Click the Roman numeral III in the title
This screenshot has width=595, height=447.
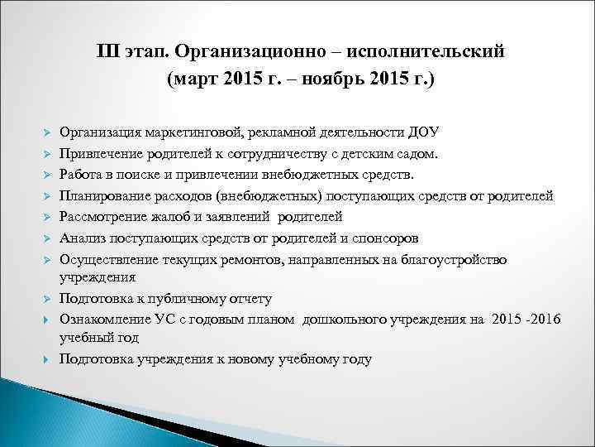[x=108, y=53]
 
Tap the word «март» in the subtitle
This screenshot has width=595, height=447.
[x=199, y=81]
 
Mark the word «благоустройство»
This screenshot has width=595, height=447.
[x=456, y=260]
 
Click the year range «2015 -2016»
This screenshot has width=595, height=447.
[x=524, y=320]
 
